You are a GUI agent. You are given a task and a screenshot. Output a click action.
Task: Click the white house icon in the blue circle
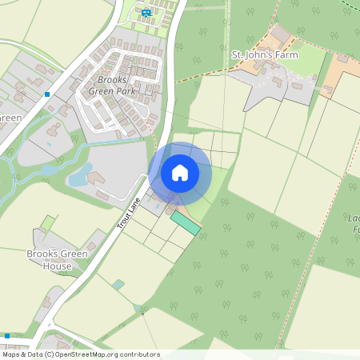coord(180,172)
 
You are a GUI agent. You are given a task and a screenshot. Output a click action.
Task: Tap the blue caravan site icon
coord(146,13)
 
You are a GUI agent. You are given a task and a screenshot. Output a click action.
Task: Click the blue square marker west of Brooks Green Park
coord(48,94)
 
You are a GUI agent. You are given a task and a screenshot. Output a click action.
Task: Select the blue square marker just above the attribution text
coord(7,336)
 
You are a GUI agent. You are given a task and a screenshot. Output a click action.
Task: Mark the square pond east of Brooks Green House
coord(118,284)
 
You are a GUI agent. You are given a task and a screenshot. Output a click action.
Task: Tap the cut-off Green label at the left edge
coord(10,118)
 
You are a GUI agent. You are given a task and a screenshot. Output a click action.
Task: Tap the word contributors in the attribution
coord(139,354)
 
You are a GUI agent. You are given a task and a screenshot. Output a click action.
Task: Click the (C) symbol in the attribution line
coord(49,354)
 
